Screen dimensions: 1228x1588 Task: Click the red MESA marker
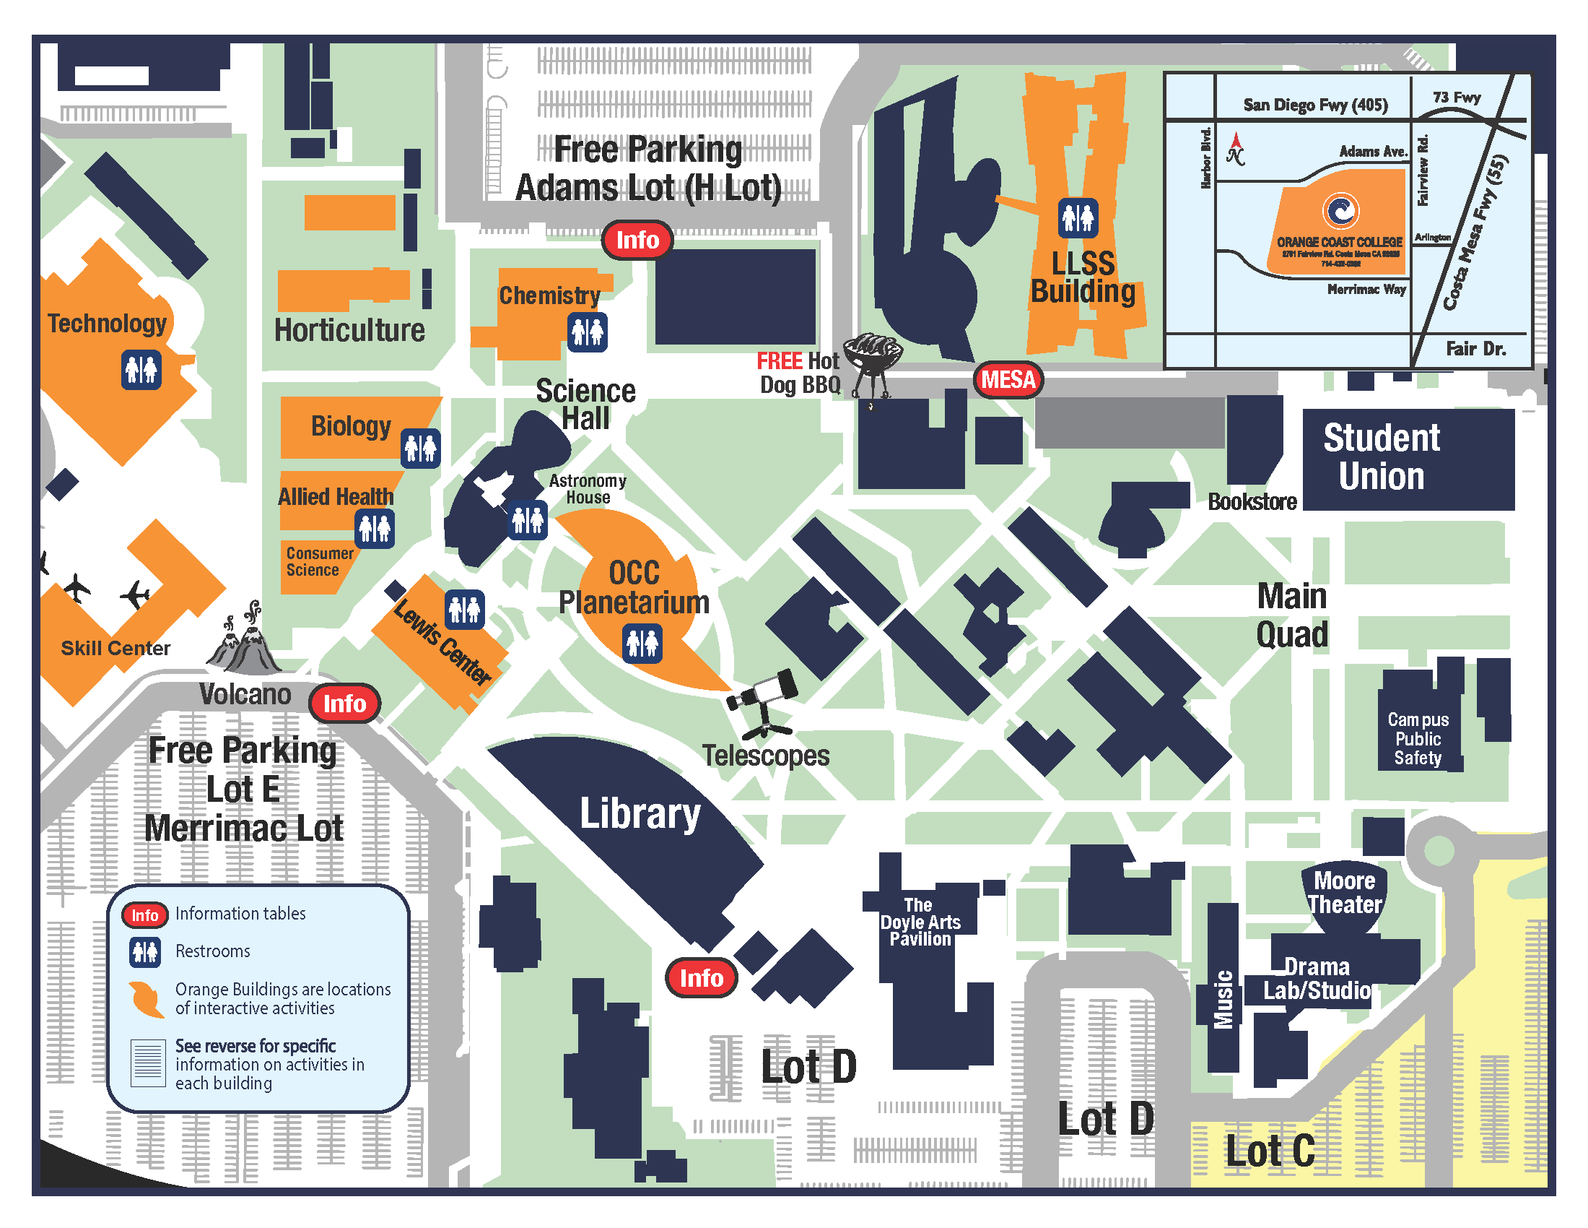point(1008,380)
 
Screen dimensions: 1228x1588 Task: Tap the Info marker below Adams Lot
point(637,240)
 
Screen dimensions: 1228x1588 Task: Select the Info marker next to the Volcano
point(344,704)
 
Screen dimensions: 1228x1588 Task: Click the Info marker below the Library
point(701,978)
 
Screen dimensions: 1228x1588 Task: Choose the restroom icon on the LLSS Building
point(1078,217)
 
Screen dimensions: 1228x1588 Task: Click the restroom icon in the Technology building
point(141,371)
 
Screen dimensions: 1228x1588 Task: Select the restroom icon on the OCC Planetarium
point(642,643)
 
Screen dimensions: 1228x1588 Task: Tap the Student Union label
point(1381,457)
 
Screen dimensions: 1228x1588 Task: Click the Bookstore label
point(1252,502)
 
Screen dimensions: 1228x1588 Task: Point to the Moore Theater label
point(1345,893)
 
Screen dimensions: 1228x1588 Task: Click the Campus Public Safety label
point(1418,738)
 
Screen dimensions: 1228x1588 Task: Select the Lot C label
point(1270,1151)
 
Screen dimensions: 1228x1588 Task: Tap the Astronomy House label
point(588,489)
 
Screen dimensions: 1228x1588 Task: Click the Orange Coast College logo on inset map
point(1340,211)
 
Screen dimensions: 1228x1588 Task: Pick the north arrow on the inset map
point(1235,148)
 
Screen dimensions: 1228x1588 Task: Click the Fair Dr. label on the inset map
point(1475,349)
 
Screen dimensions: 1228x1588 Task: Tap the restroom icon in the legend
point(144,951)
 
